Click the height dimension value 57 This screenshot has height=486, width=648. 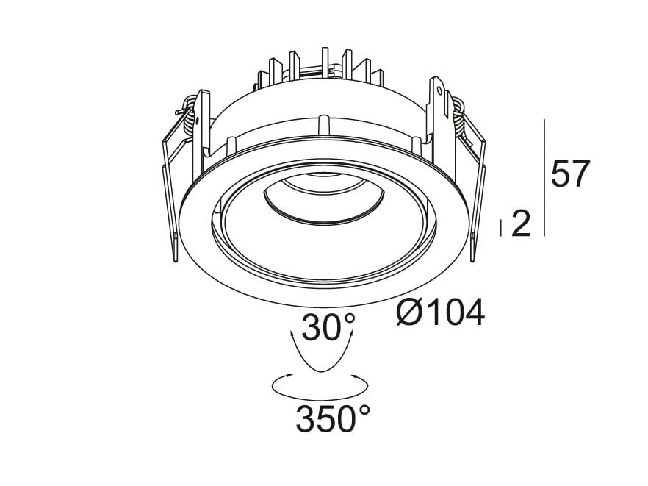570,174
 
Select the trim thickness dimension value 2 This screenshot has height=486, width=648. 520,224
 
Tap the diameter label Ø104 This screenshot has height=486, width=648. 440,314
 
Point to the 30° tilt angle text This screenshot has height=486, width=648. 328,328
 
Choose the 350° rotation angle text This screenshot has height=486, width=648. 332,420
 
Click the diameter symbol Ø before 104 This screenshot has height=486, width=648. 409,314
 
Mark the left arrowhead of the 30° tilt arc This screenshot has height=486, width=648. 293,335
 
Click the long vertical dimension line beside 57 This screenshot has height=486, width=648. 544,176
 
